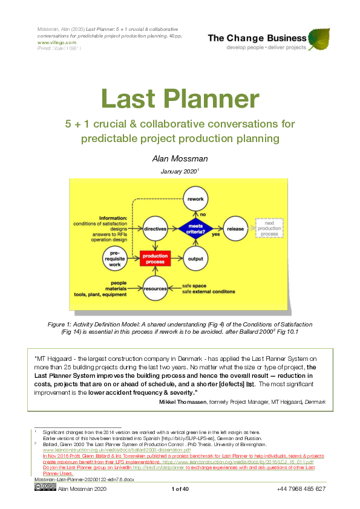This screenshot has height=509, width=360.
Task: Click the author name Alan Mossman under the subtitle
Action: coord(180,158)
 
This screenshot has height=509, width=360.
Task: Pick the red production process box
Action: coord(155,259)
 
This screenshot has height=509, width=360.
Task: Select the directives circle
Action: coord(155,229)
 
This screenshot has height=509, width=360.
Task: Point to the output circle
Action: coord(195,259)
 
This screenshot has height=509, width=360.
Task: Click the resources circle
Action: coord(155,288)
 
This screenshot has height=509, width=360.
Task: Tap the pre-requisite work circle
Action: coord(116,259)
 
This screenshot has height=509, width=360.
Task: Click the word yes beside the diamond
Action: coord(216,235)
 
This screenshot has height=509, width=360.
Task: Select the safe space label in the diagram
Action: coord(195,284)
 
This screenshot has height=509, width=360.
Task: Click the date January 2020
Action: coord(179,172)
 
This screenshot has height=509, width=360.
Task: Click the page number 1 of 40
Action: coord(180,488)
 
